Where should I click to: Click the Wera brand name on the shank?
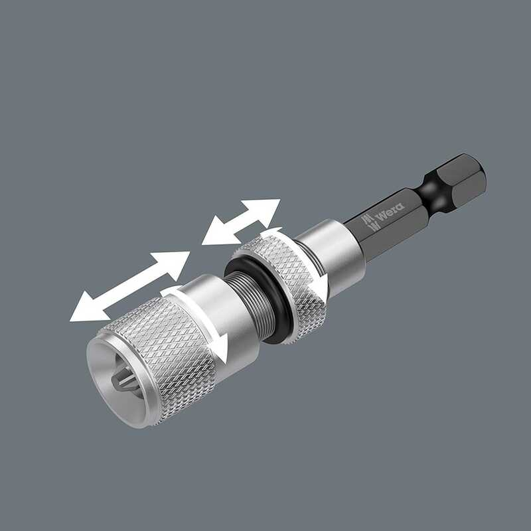[391, 211]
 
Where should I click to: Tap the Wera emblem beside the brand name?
[369, 222]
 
